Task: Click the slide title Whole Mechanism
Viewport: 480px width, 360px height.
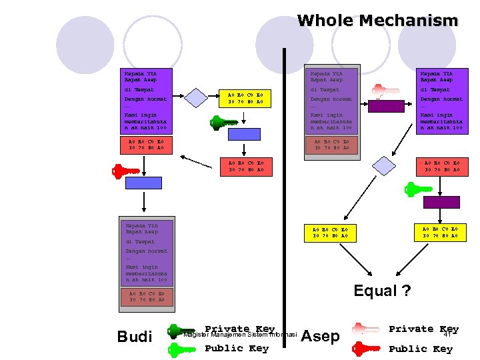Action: tap(377, 21)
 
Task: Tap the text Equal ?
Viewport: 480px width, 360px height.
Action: tap(382, 291)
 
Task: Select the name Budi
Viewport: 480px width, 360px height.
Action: tap(135, 337)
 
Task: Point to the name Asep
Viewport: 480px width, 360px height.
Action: tap(321, 336)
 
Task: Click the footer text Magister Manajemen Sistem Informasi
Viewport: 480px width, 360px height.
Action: tap(239, 335)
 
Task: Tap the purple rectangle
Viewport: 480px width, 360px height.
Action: tap(441, 202)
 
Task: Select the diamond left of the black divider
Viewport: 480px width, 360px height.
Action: tap(196, 98)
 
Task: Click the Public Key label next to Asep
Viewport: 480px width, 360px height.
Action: tap(421, 349)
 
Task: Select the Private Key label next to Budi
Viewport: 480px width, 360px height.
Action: tap(239, 329)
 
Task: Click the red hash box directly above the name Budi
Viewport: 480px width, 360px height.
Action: tap(147, 297)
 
